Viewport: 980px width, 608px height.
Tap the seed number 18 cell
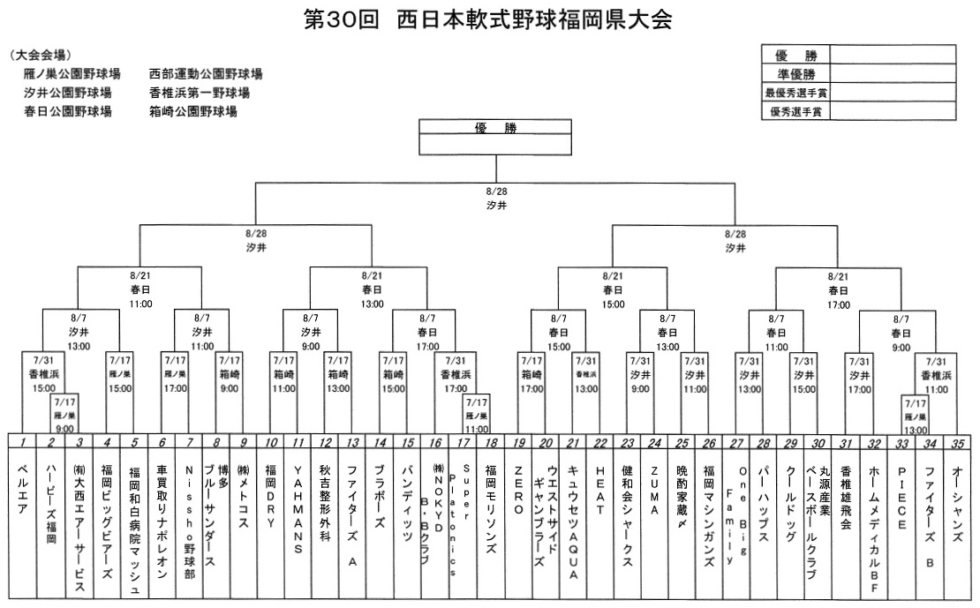pyautogui.click(x=490, y=441)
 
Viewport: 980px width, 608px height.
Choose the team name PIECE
pyautogui.click(x=901, y=498)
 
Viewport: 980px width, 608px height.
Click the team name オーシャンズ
pyautogui.click(x=956, y=499)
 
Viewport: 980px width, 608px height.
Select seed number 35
pyautogui.click(x=956, y=441)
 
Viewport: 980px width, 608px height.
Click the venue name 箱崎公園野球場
pyautogui.click(x=193, y=112)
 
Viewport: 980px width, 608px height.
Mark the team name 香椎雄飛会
pyautogui.click(x=846, y=499)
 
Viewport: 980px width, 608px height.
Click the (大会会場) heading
pyautogui.click(x=41, y=54)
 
